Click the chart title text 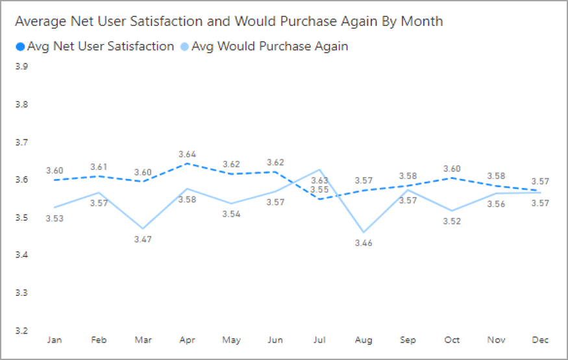[228, 21]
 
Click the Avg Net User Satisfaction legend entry [94, 46]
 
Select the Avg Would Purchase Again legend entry [264, 46]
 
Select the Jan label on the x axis [55, 341]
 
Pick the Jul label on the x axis [320, 341]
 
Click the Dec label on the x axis [541, 341]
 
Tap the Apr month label [187, 341]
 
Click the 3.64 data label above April [187, 154]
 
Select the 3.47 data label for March [143, 239]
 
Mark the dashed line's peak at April [187, 163]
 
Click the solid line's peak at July [320, 169]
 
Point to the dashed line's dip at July [320, 198]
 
